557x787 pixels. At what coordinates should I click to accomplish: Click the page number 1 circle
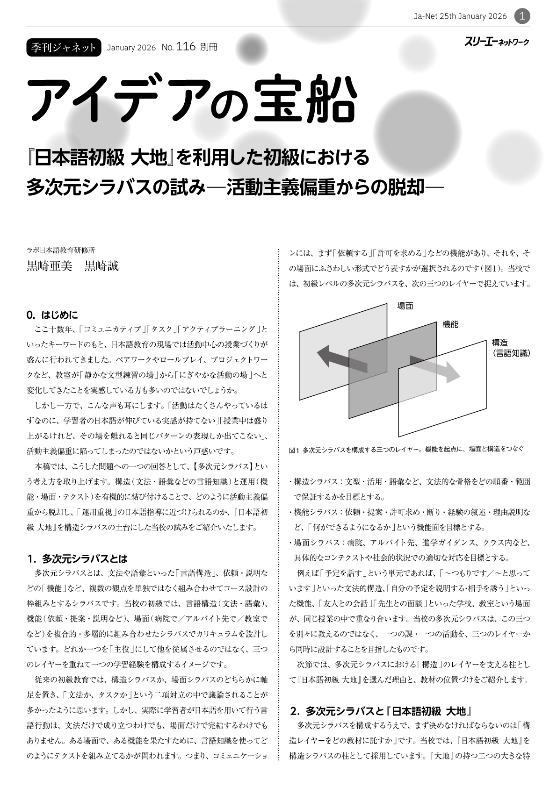coord(522,16)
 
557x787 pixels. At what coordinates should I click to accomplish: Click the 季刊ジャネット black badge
coord(64,47)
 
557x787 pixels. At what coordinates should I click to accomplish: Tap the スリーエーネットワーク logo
coord(497,42)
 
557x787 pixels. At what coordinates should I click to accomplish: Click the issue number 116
coord(186,47)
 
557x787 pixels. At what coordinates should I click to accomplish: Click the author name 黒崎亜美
coord(50,266)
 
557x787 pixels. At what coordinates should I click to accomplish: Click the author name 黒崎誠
coord(101,266)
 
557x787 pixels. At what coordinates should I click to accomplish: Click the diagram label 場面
coord(405,306)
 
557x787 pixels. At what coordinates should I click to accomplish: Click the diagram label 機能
coord(450,324)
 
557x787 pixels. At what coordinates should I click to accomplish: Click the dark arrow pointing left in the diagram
coord(333,357)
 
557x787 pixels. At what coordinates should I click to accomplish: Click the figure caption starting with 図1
coord(406,450)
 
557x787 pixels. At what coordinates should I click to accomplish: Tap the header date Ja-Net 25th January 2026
coord(460,16)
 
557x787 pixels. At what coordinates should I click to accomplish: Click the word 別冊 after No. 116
coord(209,47)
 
